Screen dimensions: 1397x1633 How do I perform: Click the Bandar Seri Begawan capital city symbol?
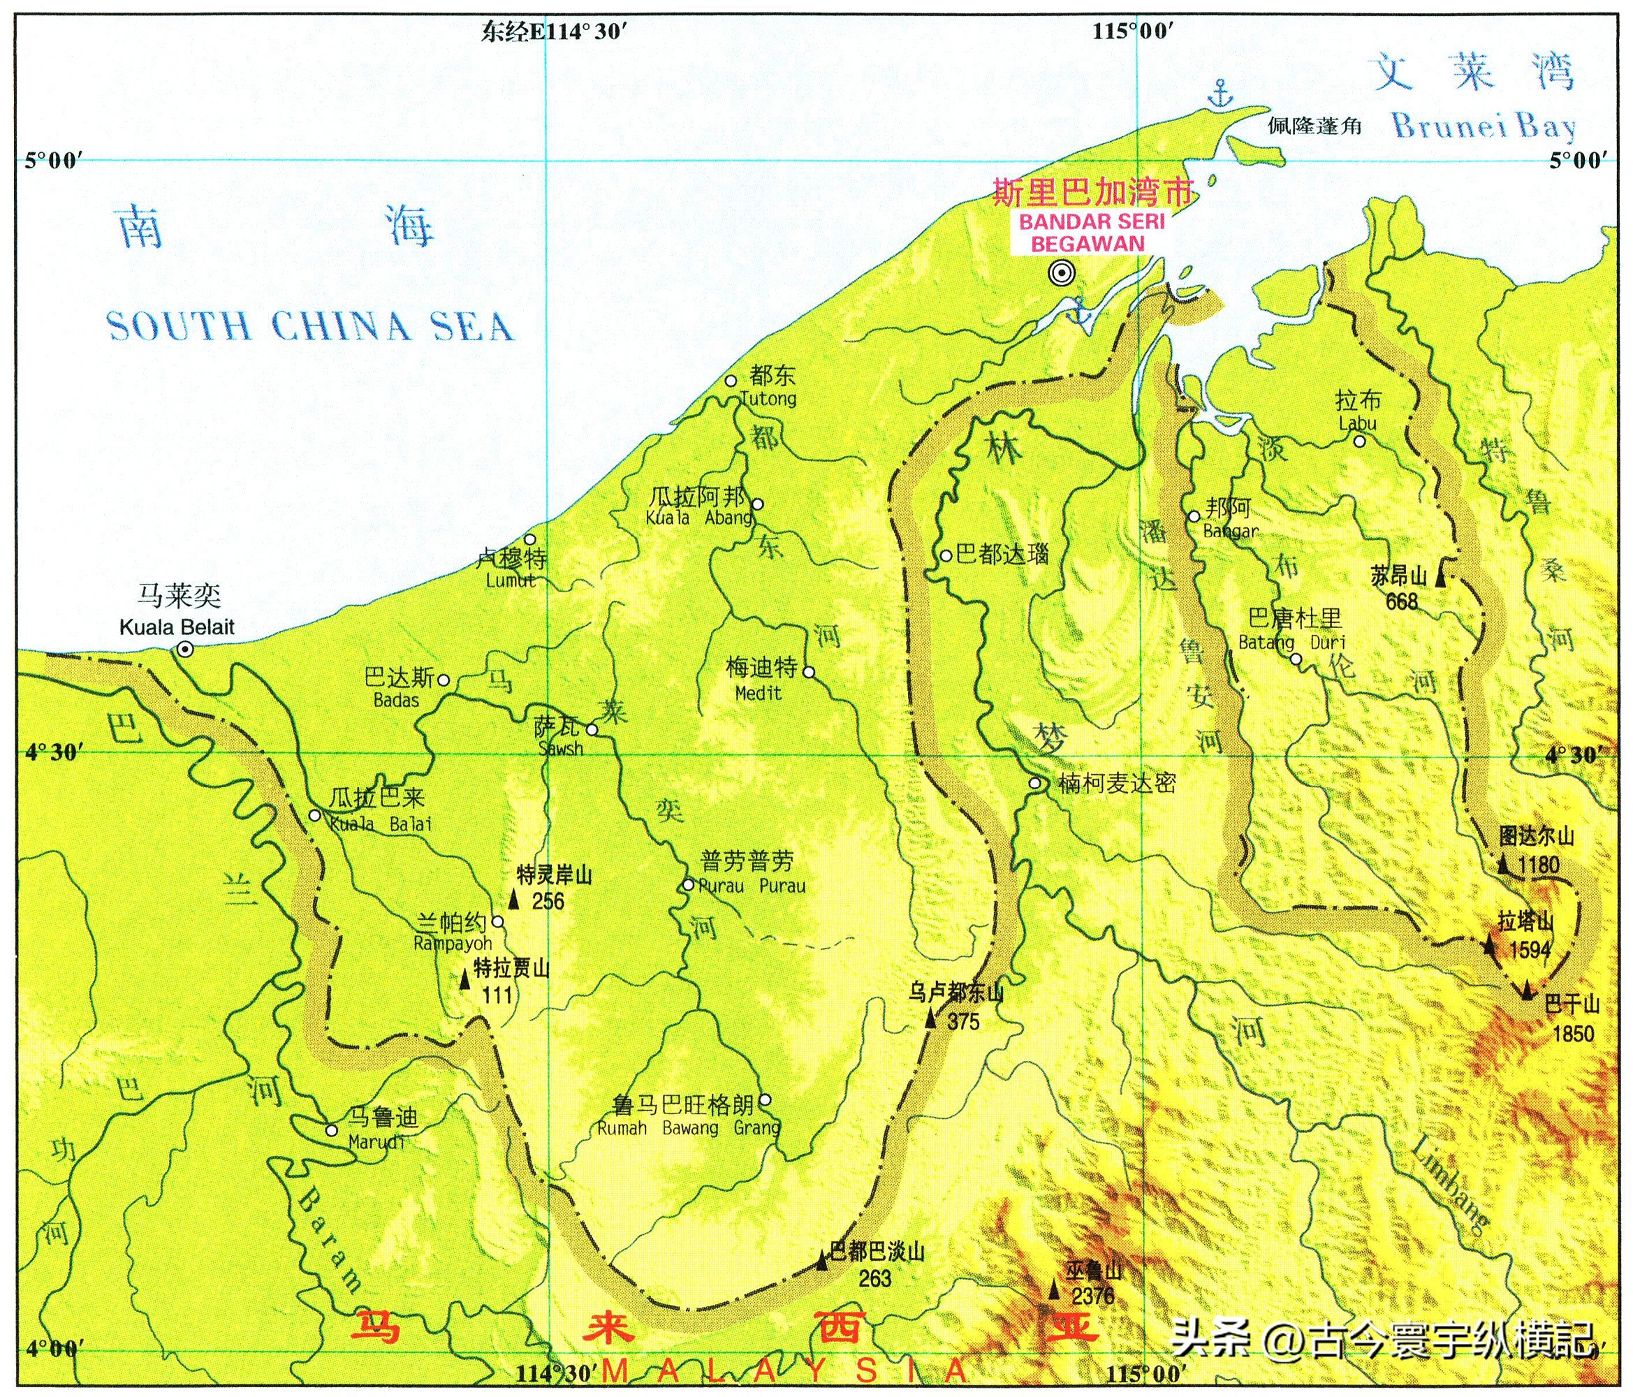pos(1062,273)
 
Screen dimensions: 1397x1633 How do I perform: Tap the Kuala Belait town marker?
pos(185,649)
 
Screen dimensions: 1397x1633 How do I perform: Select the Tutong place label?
pos(769,399)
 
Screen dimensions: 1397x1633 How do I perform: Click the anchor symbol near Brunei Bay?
pos(1221,93)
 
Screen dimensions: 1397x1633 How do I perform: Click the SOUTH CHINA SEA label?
pos(309,326)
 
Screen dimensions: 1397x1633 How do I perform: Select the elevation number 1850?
pos(1572,1034)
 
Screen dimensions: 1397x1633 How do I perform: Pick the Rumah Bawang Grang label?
pos(688,1128)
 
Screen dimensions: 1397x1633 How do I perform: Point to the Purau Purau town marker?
pos(688,884)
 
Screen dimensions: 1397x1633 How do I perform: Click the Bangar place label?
pos(1230,532)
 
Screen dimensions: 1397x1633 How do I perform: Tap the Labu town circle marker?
pos(1359,441)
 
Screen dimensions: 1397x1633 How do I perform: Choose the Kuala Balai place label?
pos(381,825)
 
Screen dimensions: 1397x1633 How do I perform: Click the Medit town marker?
pos(808,672)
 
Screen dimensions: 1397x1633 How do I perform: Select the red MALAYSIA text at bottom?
pos(784,1370)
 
